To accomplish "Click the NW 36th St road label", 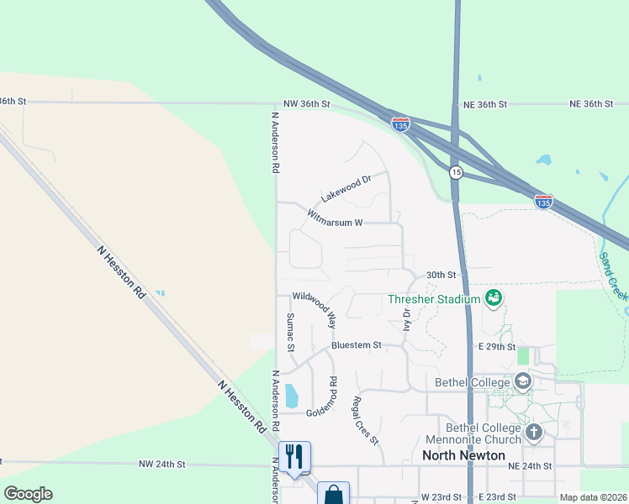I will (x=307, y=104).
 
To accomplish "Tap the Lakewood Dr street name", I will (x=346, y=188).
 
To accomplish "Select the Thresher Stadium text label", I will (x=433, y=299).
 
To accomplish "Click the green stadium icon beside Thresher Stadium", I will (x=494, y=297).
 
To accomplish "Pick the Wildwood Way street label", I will (x=314, y=309).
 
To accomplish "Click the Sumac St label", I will (x=290, y=332).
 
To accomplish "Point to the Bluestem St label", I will (x=357, y=345).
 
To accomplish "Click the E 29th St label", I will (x=496, y=346).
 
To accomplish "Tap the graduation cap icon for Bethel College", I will (x=524, y=382).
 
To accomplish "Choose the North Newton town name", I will (x=463, y=455).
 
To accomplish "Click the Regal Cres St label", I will (x=366, y=420).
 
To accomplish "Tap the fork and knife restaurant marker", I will (x=294, y=457).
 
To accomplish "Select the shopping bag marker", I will (x=333, y=493).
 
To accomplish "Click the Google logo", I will (x=27, y=494).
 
